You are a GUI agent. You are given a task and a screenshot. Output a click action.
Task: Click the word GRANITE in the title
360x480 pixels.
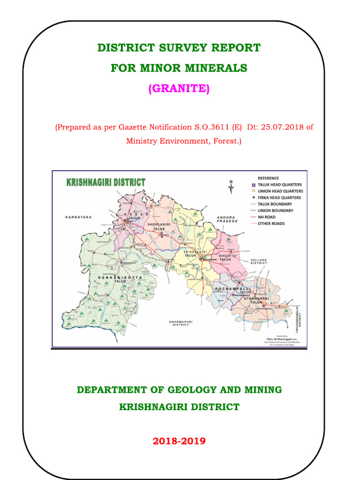point(179,89)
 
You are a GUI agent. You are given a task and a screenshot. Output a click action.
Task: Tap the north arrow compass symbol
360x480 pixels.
point(231,187)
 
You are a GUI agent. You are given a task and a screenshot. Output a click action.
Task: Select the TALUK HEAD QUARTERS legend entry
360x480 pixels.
point(280,185)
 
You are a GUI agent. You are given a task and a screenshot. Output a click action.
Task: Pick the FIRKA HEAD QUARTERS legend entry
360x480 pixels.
point(280,198)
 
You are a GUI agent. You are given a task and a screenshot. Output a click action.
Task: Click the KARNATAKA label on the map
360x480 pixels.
point(78,217)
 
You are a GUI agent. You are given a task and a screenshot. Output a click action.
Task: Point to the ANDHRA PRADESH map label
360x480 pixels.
point(228,219)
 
